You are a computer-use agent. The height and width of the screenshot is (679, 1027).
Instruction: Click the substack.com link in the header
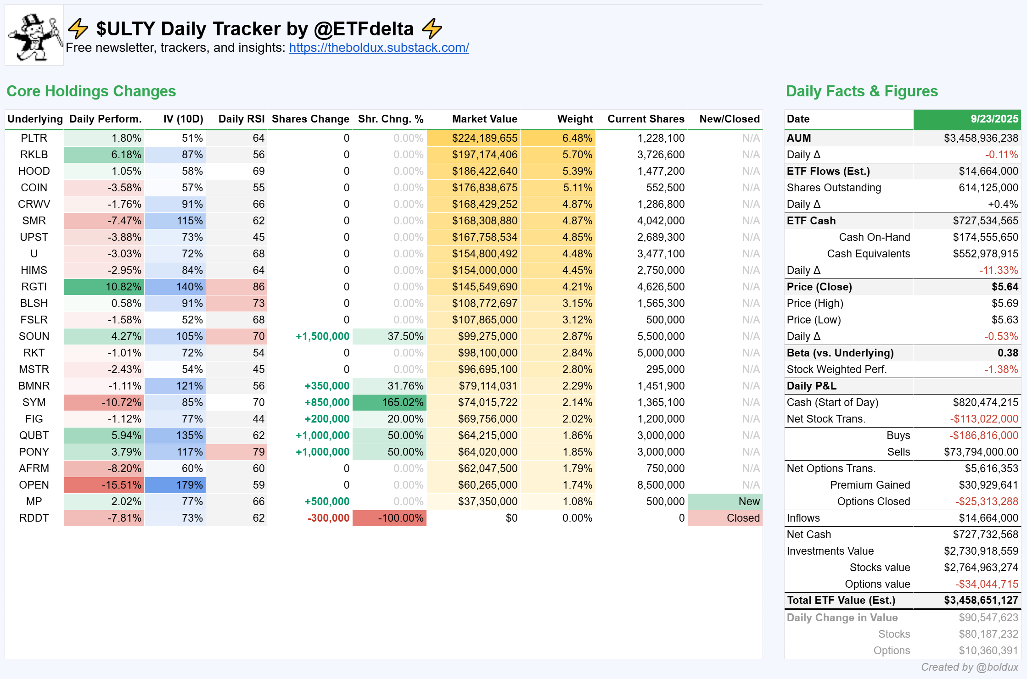tap(379, 48)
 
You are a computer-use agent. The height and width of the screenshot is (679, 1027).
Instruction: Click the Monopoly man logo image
tap(34, 35)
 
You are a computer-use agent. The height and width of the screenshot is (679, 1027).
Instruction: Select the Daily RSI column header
tap(241, 119)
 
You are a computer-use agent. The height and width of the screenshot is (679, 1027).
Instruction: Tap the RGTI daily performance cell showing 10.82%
tap(104, 287)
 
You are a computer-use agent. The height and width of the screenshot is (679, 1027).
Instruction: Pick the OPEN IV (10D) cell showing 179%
tap(175, 485)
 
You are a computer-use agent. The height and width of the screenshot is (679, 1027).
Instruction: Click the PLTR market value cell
tap(473, 138)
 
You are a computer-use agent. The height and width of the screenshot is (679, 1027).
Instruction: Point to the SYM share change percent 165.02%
tap(389, 402)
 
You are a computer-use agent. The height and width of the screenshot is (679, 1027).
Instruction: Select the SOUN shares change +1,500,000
tap(322, 336)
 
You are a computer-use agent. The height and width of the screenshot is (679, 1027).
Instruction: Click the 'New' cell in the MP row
tap(725, 501)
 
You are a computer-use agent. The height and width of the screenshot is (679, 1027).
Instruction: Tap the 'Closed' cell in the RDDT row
tap(725, 518)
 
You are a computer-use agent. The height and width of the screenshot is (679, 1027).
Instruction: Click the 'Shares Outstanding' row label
tap(834, 188)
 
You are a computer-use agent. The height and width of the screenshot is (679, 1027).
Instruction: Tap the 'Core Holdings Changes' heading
tap(91, 91)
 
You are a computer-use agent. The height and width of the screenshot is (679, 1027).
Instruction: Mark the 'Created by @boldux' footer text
tap(970, 667)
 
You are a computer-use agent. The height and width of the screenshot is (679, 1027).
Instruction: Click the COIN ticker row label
tap(34, 188)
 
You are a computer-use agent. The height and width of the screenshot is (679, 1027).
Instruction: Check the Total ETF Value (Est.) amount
tap(981, 600)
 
